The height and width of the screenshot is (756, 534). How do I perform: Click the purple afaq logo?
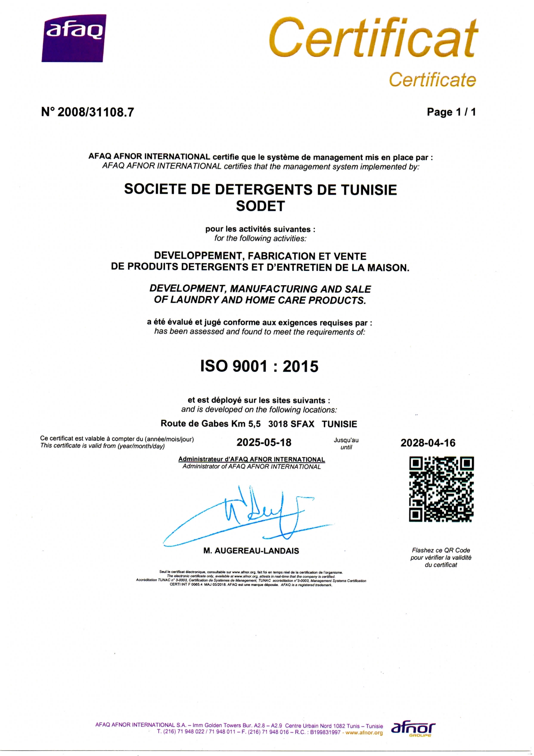[x=74, y=38]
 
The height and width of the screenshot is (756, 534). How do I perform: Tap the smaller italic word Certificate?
[x=432, y=80]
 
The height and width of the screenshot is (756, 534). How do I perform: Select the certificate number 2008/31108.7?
[x=96, y=112]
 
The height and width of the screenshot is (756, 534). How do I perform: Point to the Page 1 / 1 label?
[x=451, y=112]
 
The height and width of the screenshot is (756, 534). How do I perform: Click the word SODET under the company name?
[x=260, y=206]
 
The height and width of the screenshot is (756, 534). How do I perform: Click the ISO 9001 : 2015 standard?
[x=259, y=366]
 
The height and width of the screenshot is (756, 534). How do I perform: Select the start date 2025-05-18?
[x=264, y=442]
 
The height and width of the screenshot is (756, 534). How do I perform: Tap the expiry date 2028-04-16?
[x=428, y=443]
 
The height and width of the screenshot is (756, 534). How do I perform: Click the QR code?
[x=441, y=489]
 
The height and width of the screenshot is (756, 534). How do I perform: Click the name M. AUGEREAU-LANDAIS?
[x=251, y=551]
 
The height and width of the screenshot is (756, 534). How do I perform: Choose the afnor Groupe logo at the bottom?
[x=413, y=729]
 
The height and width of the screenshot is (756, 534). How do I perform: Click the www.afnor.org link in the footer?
[x=364, y=733]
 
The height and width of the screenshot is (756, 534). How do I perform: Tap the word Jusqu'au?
[x=346, y=440]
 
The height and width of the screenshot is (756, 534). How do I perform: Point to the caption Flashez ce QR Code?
[x=441, y=550]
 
